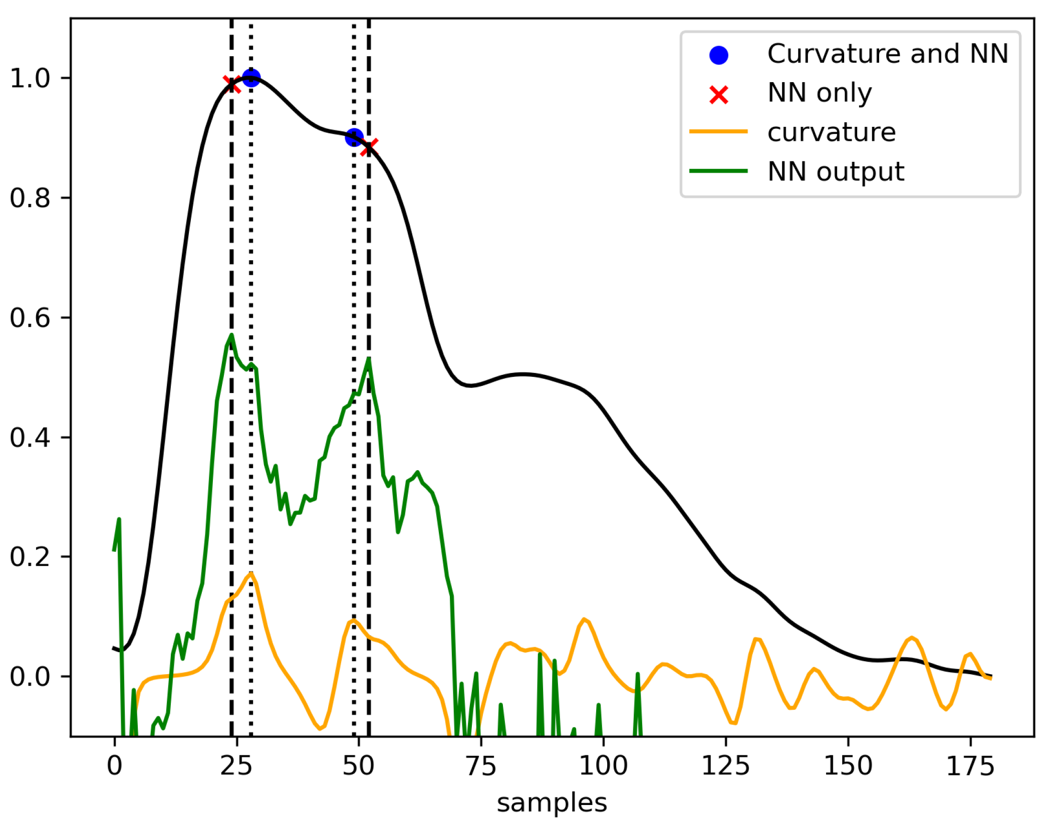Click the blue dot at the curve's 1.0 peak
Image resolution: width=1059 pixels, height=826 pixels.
250,78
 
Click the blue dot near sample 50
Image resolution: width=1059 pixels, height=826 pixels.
354,137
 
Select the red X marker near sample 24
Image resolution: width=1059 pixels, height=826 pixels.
231,84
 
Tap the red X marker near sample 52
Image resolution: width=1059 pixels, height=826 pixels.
369,147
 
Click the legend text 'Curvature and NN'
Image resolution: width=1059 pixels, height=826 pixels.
887,54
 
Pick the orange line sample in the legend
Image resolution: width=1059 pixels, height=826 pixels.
718,132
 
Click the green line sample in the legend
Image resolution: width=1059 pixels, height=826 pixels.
718,171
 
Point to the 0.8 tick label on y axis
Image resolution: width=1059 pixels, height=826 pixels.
30,198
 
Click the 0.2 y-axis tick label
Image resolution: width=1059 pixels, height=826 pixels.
30,557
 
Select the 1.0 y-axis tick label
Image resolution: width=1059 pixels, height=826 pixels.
30,79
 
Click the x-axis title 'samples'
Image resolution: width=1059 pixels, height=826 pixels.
552,803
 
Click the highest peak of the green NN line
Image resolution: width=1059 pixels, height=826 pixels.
231,335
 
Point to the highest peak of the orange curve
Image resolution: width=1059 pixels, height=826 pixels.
250,573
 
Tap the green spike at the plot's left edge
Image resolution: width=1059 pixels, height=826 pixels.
119,520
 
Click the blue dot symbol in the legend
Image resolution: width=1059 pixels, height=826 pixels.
718,55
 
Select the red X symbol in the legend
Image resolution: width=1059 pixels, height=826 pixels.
718,94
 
